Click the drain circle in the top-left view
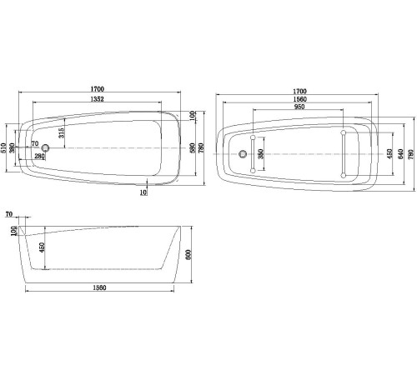pyautogui.click(x=46, y=149)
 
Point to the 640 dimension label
pyautogui.click(x=400, y=153)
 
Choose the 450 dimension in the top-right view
pyautogui.click(x=389, y=153)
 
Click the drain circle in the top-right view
pyautogui.click(x=243, y=154)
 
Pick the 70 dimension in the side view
pyautogui.click(x=8, y=215)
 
